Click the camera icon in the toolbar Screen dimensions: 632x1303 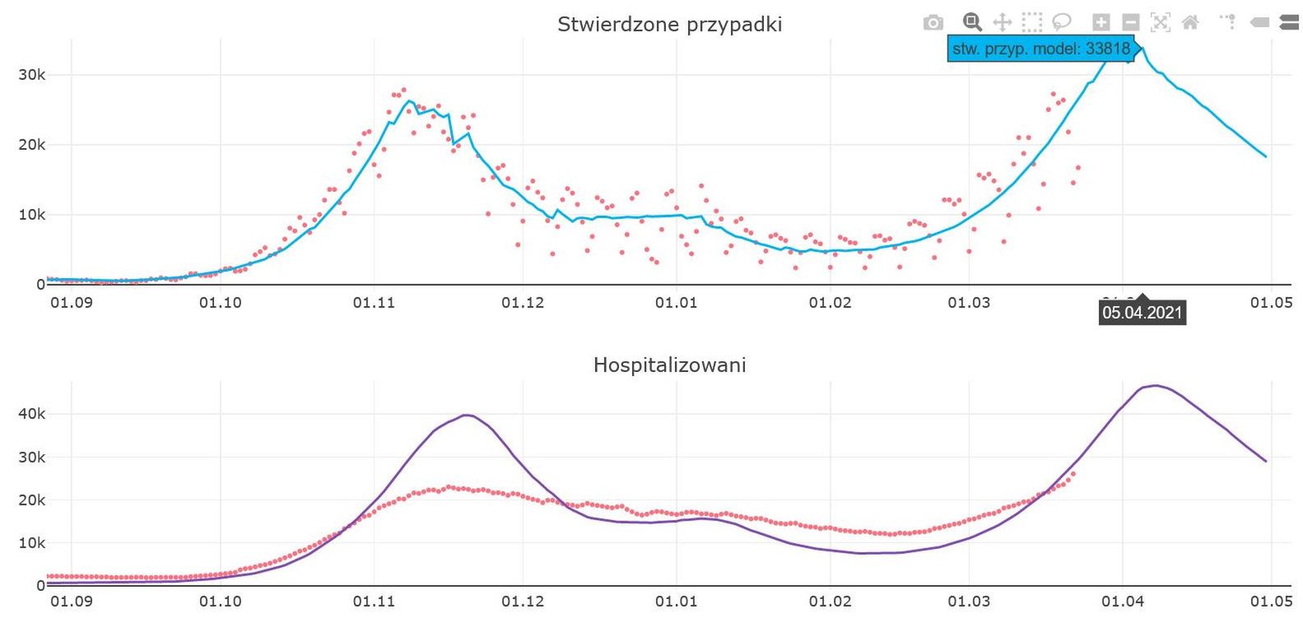tap(933, 22)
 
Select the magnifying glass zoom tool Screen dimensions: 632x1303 tap(972, 22)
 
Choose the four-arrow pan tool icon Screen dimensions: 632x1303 tap(1002, 22)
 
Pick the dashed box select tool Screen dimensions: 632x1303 tap(1032, 22)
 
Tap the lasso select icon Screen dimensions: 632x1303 tap(1062, 22)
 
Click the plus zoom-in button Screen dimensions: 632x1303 tap(1101, 22)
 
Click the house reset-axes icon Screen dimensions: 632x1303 tap(1190, 22)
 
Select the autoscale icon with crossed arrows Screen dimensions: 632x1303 tap(1161, 22)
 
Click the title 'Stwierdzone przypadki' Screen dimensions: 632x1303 tap(669, 25)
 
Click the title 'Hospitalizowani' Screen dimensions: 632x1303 tap(669, 365)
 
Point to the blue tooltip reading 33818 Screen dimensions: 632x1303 tap(1041, 49)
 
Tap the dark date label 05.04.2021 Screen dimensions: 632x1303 tap(1142, 313)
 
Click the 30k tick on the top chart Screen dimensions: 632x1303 tap(32, 75)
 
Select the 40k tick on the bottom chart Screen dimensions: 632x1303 tap(32, 414)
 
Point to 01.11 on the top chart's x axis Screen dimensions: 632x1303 tap(374, 303)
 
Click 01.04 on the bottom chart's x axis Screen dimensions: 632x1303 tap(1123, 602)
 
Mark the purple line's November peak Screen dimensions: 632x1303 tap(467, 415)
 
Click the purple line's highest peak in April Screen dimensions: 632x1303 tap(1156, 385)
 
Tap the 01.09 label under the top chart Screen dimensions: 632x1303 tap(72, 303)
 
